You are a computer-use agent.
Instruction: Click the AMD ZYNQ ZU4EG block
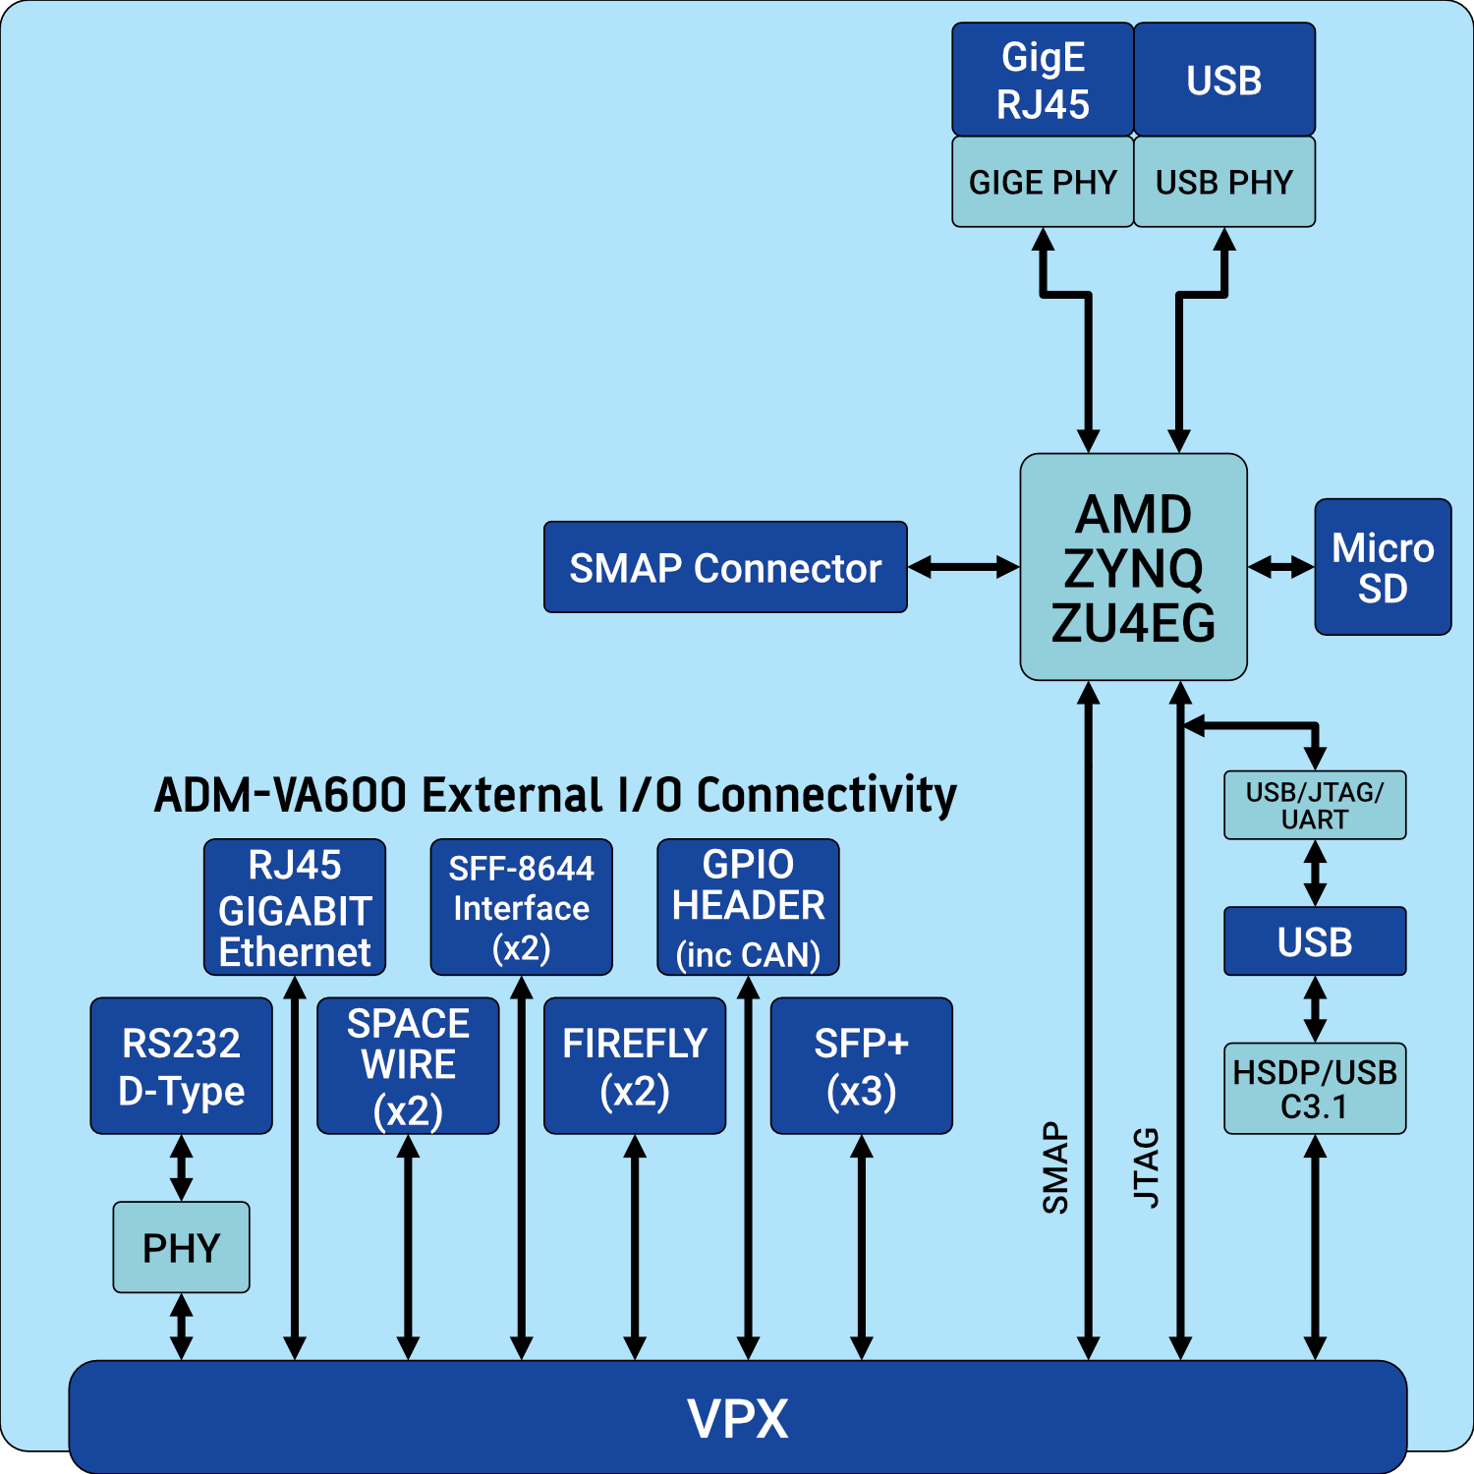tap(1133, 567)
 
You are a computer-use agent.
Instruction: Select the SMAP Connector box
tap(725, 567)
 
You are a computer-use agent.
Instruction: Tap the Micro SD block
tap(1382, 567)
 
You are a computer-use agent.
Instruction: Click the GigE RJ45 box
tap(1042, 80)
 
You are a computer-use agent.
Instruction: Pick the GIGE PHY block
tap(1042, 182)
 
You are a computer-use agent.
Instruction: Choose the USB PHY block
tap(1223, 182)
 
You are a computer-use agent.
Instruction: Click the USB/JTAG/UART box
tap(1314, 805)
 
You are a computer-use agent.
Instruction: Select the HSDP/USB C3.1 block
tap(1314, 1089)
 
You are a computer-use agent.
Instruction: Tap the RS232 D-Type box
tap(181, 1066)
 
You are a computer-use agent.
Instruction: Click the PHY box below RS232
tap(181, 1247)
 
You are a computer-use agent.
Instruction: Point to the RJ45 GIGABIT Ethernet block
tap(294, 907)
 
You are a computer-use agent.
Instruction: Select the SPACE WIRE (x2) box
tap(408, 1066)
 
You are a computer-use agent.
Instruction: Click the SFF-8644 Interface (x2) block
tap(521, 907)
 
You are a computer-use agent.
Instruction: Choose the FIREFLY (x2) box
tap(634, 1066)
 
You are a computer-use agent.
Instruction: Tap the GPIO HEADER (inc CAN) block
tap(748, 907)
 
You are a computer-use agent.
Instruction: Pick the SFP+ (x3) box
tap(861, 1066)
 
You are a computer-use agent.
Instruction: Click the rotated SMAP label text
tap(1054, 1167)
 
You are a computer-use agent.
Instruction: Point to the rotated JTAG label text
tap(1147, 1167)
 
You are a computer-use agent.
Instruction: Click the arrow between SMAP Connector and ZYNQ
tap(963, 567)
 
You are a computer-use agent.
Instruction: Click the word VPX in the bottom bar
tap(737, 1418)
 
